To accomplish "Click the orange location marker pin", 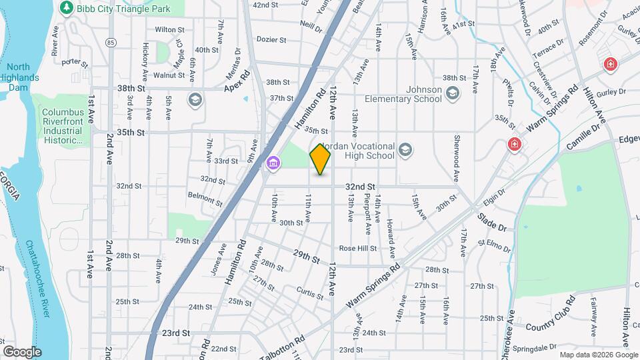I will (x=321, y=159).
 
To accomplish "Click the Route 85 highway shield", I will (x=111, y=43).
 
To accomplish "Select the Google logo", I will (x=23, y=352).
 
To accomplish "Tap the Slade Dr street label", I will (x=492, y=222).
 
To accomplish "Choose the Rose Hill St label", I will (x=358, y=248).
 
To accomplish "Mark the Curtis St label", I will (x=310, y=291).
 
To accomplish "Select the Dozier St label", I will (x=272, y=40).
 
